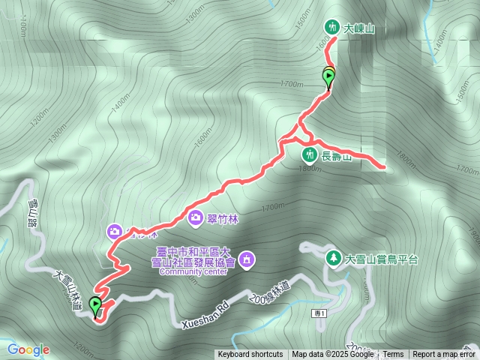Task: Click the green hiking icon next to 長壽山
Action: pyautogui.click(x=309, y=155)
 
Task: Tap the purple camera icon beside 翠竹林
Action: pyautogui.click(x=196, y=217)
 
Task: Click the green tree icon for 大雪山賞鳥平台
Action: pyautogui.click(x=332, y=259)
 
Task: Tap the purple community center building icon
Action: pyautogui.click(x=248, y=260)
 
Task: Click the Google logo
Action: pyautogui.click(x=28, y=349)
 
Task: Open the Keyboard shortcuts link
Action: pyautogui.click(x=250, y=355)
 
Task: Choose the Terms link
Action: pyautogui.click(x=394, y=355)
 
